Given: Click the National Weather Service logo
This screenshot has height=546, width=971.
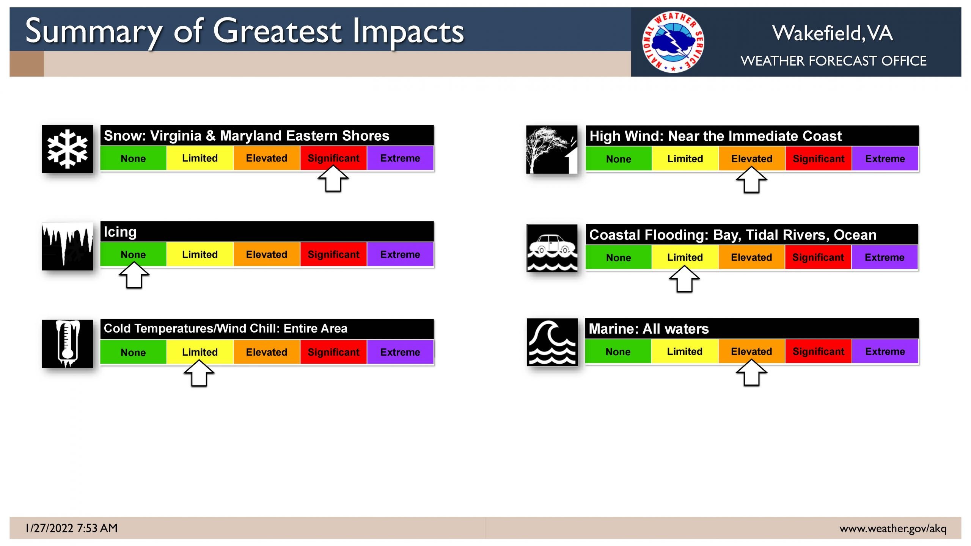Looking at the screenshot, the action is click(673, 42).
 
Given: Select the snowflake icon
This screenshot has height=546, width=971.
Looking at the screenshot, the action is click(68, 149).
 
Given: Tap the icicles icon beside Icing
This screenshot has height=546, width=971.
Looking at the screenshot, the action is click(68, 246).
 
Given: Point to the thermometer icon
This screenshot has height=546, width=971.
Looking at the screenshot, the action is click(68, 344).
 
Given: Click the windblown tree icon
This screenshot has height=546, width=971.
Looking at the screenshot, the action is click(552, 149).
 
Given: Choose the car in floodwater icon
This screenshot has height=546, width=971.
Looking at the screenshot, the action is click(552, 248).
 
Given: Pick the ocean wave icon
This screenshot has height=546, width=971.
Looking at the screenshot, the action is click(552, 342).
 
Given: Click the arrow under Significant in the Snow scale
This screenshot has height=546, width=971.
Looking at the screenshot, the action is click(333, 179).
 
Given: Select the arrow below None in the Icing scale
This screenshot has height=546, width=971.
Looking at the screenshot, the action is click(134, 275).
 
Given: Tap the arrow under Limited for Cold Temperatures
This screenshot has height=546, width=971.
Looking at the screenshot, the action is click(199, 373).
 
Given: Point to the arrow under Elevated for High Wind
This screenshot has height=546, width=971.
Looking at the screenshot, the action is click(751, 180).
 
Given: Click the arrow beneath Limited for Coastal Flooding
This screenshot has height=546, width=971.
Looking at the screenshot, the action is click(685, 279).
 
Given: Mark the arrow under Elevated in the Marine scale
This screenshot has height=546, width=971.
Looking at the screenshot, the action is click(751, 372).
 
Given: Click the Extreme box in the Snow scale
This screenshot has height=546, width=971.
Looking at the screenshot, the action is click(400, 158).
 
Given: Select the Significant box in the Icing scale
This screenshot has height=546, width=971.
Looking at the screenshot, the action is click(333, 254).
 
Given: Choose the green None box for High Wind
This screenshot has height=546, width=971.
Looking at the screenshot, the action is click(619, 159).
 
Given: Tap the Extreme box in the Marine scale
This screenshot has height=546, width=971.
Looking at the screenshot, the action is click(885, 351).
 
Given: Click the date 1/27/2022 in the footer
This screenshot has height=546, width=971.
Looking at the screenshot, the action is click(49, 528).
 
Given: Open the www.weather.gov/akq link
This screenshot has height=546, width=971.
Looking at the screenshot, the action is click(893, 529).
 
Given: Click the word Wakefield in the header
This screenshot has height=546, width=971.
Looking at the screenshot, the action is click(817, 33).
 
